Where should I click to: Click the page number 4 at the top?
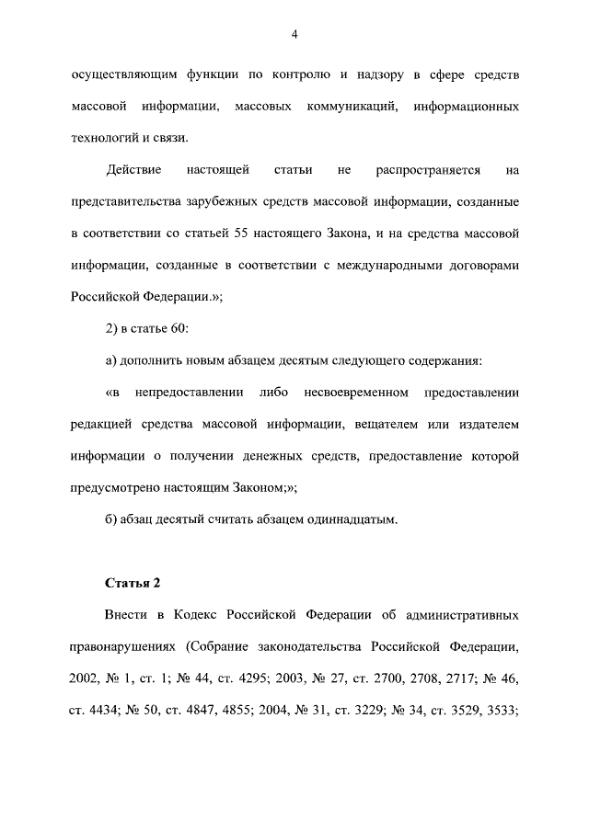tap(294, 35)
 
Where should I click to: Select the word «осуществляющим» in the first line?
tap(115, 76)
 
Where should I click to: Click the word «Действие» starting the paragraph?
tap(134, 171)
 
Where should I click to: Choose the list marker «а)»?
tap(113, 361)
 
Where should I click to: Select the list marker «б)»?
tap(113, 519)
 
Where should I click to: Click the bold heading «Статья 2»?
tap(133, 583)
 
